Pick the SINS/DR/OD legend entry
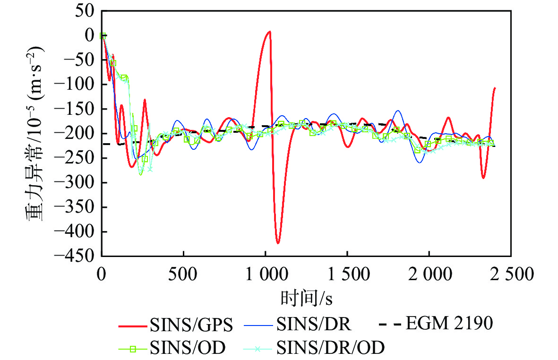tap(331, 349)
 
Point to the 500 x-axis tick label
tap(183, 274)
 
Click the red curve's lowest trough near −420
tap(278, 243)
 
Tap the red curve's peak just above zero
tap(269, 32)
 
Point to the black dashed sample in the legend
tap(390, 325)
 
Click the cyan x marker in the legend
tap(258, 349)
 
